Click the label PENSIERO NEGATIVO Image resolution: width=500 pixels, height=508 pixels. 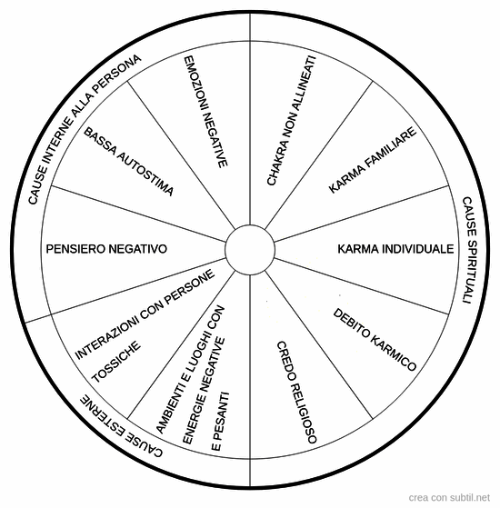point(106,249)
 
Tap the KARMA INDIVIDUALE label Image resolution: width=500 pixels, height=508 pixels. point(395,249)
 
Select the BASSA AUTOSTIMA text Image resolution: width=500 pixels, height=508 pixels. point(129,162)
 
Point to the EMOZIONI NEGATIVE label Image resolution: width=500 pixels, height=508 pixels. point(205,112)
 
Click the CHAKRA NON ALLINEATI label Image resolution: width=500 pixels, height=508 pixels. point(291,121)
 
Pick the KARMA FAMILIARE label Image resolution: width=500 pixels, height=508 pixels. point(373,160)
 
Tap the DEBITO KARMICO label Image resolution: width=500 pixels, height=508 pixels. point(375,339)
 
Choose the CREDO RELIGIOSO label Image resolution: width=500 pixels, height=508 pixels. point(296,392)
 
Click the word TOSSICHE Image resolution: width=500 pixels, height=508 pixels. point(116,362)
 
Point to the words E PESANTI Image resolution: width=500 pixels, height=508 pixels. point(220,421)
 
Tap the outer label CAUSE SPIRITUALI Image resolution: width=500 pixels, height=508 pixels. point(469,250)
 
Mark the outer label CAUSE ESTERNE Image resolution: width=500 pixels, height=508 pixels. point(122,425)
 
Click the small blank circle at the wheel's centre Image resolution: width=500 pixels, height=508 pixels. point(250,250)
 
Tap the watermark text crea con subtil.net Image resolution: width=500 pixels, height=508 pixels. point(449,497)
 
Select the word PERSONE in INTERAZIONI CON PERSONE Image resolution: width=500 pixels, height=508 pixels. point(190,287)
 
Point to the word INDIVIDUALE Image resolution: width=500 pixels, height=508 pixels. point(418,249)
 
